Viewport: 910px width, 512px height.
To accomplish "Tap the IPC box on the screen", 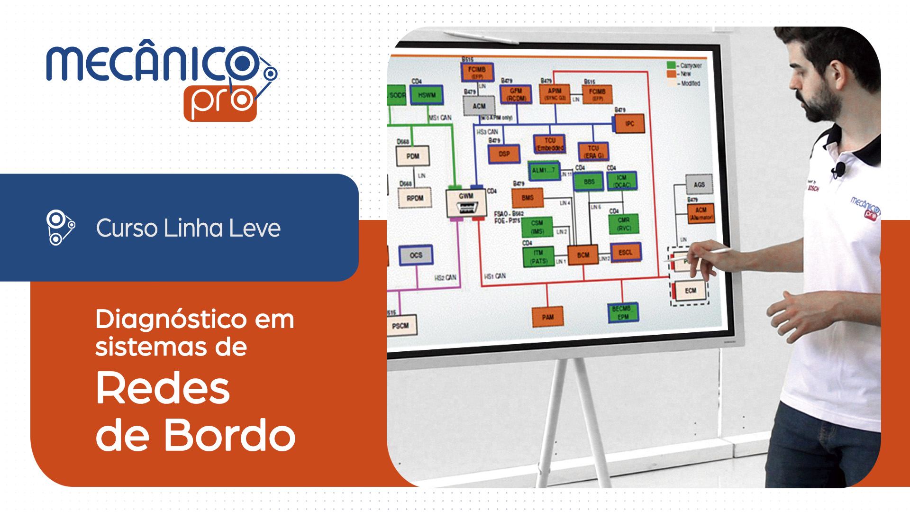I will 629,124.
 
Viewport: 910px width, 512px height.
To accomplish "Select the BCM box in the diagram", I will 583,255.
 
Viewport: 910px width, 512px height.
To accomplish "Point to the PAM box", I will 548,317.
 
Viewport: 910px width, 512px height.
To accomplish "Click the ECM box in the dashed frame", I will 690,291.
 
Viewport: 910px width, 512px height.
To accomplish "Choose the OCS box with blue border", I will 416,255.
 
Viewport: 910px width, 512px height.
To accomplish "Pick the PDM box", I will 413,156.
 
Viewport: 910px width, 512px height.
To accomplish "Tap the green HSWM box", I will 427,95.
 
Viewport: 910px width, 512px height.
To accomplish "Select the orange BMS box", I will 528,198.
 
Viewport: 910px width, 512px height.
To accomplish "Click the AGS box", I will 699,184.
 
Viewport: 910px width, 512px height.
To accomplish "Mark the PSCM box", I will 400,326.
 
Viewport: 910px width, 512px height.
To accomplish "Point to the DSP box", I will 504,154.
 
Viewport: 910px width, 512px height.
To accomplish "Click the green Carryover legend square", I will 671,65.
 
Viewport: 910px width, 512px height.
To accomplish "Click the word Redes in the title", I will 163,388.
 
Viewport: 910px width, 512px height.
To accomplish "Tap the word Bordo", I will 229,435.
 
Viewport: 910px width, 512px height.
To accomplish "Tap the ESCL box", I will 626,252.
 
